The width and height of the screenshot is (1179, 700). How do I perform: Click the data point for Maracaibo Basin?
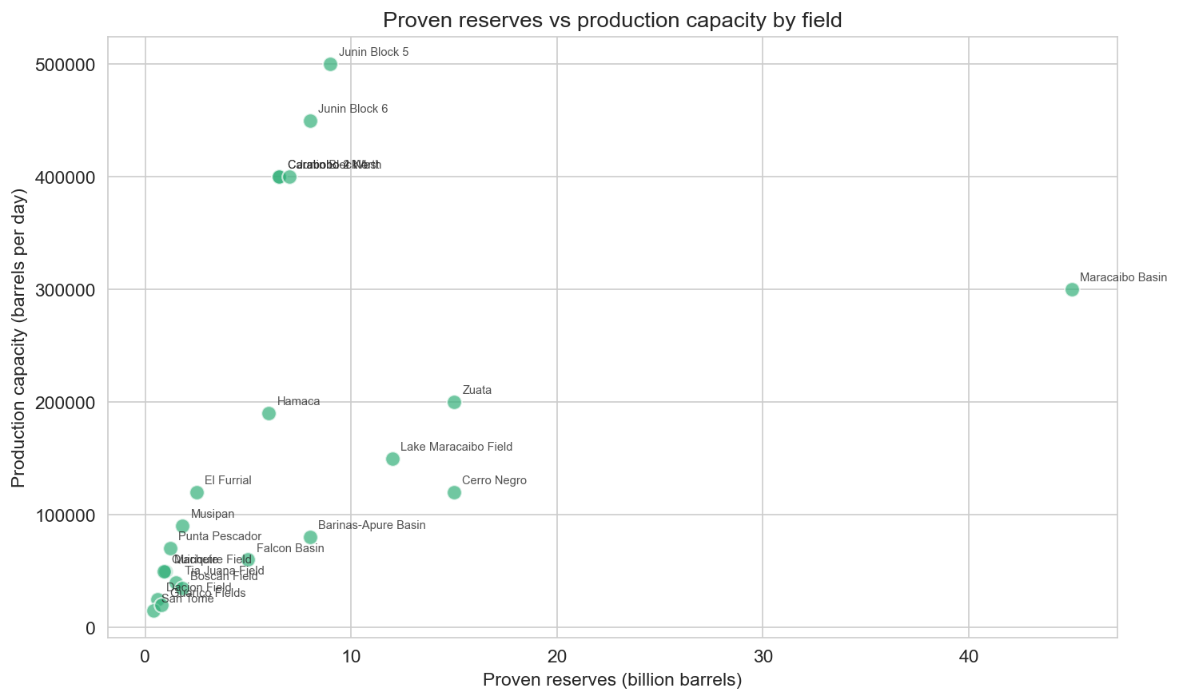(x=1072, y=289)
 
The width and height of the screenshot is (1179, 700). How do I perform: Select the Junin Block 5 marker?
(x=330, y=64)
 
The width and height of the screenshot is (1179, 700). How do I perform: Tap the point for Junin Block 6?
(x=310, y=121)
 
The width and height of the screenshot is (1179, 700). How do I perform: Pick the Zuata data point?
(x=454, y=402)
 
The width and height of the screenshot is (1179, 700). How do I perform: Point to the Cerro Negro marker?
(x=454, y=492)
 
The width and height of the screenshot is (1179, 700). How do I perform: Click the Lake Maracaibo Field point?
(x=392, y=459)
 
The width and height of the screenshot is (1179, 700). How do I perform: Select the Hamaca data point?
(x=269, y=413)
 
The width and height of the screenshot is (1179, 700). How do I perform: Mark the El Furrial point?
(x=197, y=492)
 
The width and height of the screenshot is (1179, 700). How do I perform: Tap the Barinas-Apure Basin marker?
(x=310, y=537)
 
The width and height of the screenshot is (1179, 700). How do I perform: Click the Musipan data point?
(x=182, y=526)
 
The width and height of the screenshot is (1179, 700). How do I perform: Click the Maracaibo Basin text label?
(x=1123, y=278)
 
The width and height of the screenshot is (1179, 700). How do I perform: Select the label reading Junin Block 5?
(x=373, y=53)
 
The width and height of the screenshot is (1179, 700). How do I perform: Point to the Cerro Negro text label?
(x=494, y=481)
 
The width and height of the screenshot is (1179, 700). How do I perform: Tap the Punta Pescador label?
(x=220, y=536)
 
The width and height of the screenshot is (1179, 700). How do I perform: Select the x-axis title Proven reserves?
(x=612, y=681)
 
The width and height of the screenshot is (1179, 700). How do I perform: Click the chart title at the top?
(x=612, y=20)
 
